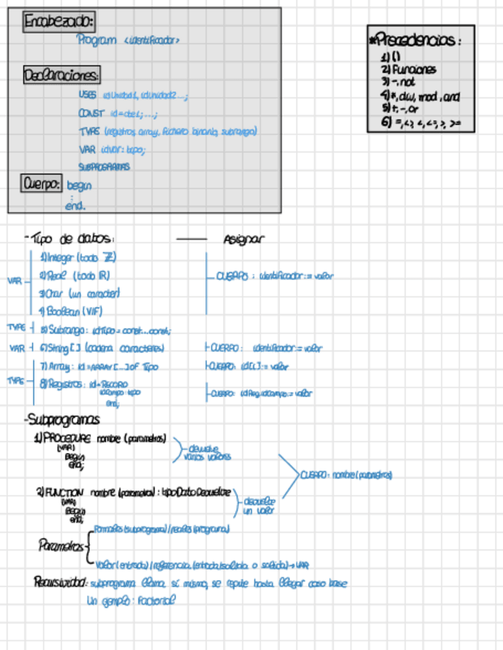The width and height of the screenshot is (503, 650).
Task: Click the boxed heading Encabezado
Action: [60, 23]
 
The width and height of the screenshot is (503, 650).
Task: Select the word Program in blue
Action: [97, 40]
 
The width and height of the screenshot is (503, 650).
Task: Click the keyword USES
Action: [87, 95]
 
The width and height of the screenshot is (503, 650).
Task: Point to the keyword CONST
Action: [90, 113]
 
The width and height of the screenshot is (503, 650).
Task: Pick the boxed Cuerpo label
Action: [42, 184]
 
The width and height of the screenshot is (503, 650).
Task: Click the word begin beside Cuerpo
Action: [79, 185]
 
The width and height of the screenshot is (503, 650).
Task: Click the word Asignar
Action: [245, 239]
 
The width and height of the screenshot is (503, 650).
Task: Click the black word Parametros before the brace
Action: [61, 545]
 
